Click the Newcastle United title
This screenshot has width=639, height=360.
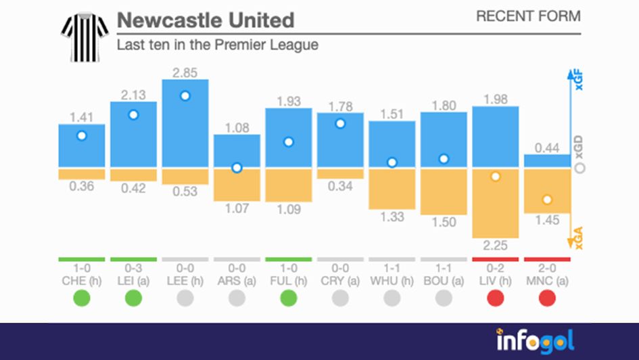[x=206, y=20]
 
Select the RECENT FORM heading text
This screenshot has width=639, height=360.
[x=528, y=16]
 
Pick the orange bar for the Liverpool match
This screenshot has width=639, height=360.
[x=495, y=203]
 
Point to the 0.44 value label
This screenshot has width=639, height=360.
[x=547, y=148]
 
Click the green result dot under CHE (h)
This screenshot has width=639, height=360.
[x=82, y=298]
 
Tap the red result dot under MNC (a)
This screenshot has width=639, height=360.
[x=547, y=298]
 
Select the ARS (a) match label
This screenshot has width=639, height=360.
[x=237, y=280]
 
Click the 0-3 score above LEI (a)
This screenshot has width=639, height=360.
[x=133, y=268]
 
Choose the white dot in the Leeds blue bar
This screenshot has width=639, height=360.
[x=185, y=96]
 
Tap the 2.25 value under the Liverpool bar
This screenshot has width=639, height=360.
[x=495, y=244]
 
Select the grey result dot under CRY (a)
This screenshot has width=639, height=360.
[x=340, y=298]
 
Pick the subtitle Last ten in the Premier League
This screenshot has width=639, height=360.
[x=217, y=45]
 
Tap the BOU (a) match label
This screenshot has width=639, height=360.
[x=444, y=280]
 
